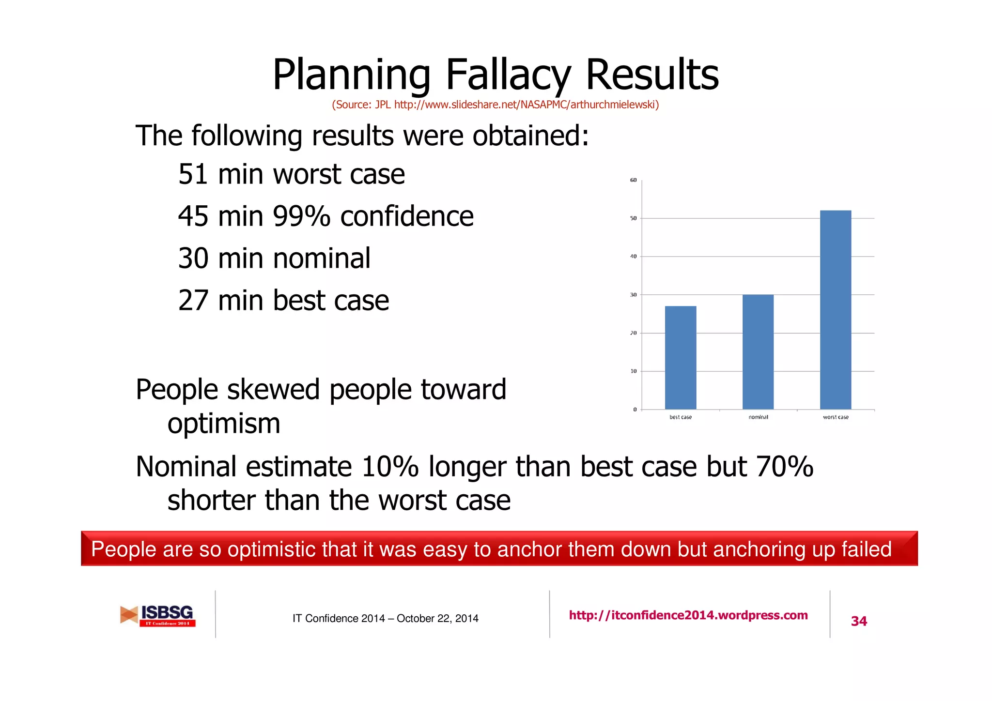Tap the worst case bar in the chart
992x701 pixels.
pos(835,310)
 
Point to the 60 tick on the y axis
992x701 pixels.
pos(634,180)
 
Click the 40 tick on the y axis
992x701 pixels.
pos(634,257)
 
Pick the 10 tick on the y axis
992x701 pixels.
pos(634,371)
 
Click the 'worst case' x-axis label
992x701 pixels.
pos(836,417)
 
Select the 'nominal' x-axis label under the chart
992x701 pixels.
pos(758,417)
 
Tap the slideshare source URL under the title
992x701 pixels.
pos(526,105)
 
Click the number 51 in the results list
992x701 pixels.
pos(193,174)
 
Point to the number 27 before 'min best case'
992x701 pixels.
pos(193,301)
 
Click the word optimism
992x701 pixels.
pos(224,424)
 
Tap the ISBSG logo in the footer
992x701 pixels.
pos(158,615)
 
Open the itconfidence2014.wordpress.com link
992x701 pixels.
pos(688,615)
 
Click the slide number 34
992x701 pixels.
pos(859,621)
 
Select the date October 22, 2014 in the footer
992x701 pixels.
pos(437,619)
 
